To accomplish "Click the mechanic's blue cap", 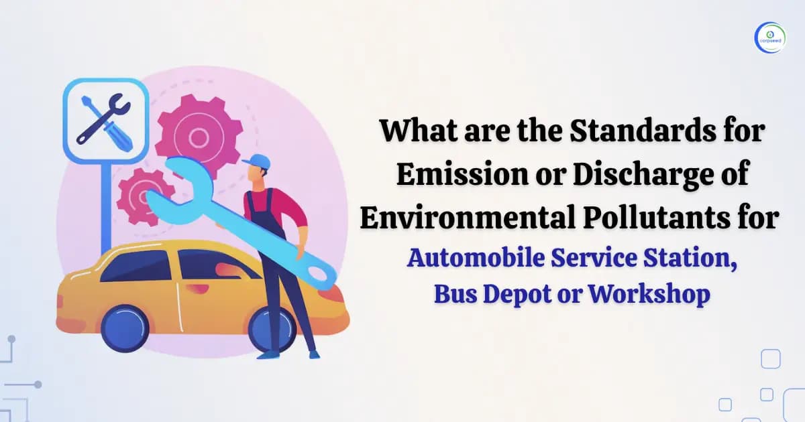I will (x=258, y=162).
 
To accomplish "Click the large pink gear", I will (x=198, y=137).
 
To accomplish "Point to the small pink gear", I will (x=142, y=196).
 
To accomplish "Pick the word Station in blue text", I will (x=700, y=259).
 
